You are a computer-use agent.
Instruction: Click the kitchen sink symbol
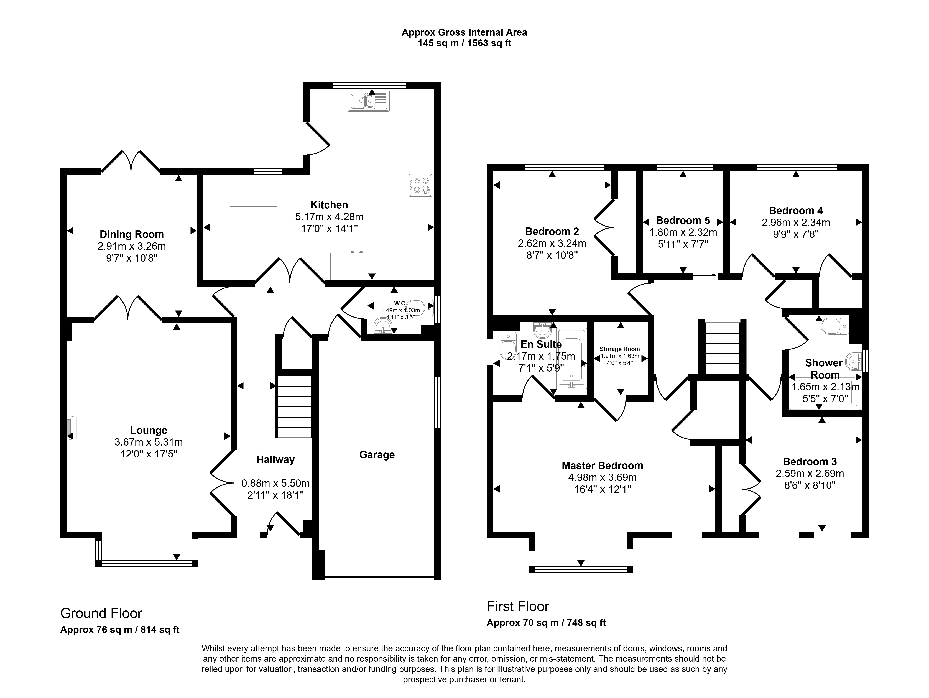click(x=368, y=101)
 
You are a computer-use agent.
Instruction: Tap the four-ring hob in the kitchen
click(x=420, y=185)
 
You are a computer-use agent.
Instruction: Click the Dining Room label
click(x=131, y=234)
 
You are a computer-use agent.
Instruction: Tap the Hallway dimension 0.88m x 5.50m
click(x=275, y=483)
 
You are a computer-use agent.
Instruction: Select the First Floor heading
click(x=518, y=606)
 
